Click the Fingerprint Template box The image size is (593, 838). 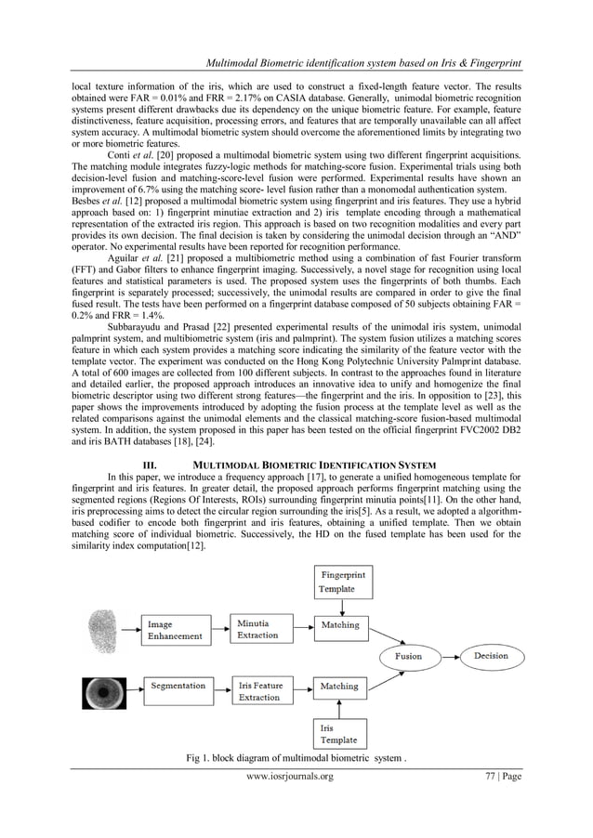pos(344,582)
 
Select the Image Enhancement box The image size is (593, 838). pos(178,630)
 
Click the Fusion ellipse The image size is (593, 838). pos(409,656)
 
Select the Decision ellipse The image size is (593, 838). pos(490,656)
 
